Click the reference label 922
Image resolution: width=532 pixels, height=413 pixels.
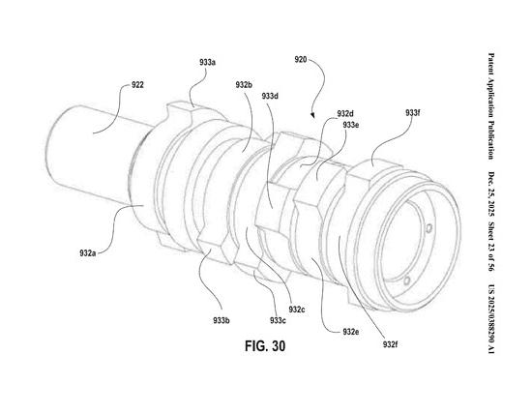tap(137, 85)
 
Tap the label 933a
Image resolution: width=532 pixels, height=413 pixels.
tap(207, 63)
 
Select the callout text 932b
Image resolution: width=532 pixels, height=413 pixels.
tap(244, 85)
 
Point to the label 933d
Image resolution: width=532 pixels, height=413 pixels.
tap(270, 96)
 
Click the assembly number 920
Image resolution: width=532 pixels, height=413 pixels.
tap(301, 60)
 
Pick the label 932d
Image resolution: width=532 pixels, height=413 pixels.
tap(345, 114)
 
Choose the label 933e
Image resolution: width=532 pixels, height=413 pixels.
tap(351, 125)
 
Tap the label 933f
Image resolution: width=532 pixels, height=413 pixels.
tap(413, 112)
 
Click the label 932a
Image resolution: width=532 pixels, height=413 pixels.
tap(88, 253)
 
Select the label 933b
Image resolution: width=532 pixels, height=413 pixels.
tap(222, 320)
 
